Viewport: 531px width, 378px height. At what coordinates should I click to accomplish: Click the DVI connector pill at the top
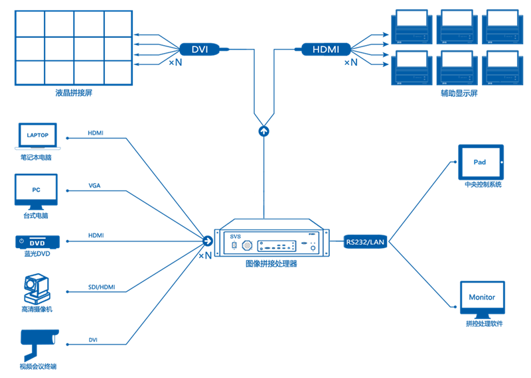pyautogui.click(x=200, y=49)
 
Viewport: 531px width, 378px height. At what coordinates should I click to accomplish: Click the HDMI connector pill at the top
pyautogui.click(x=326, y=49)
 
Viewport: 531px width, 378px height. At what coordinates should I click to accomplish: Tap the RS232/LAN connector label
pyautogui.click(x=364, y=242)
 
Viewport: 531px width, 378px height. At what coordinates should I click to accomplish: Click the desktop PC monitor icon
pyautogui.click(x=36, y=191)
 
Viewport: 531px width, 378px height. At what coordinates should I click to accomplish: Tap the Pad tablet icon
pyautogui.click(x=479, y=162)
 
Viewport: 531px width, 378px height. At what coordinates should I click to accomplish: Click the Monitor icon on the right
pyautogui.click(x=482, y=299)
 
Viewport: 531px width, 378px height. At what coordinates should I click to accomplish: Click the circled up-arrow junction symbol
pyautogui.click(x=265, y=131)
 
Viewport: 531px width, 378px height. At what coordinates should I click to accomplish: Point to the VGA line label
pyautogui.click(x=95, y=185)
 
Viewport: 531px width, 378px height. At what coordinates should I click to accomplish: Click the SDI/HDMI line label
pyautogui.click(x=101, y=286)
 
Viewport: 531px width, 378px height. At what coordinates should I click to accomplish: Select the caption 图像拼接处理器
pyautogui.click(x=271, y=263)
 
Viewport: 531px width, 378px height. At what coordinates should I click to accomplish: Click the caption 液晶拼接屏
pyautogui.click(x=74, y=93)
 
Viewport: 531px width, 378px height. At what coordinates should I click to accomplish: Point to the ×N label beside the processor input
pyautogui.click(x=205, y=255)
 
